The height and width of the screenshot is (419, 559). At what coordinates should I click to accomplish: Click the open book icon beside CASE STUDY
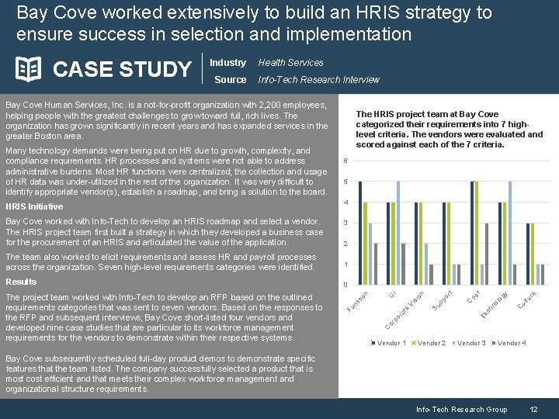29,69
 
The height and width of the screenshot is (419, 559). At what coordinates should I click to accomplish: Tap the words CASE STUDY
122,70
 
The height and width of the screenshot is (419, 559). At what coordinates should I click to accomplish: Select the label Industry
227,63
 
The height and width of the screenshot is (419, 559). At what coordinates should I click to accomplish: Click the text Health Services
290,63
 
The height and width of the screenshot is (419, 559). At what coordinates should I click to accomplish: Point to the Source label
230,79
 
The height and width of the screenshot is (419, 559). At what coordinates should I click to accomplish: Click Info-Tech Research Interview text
318,79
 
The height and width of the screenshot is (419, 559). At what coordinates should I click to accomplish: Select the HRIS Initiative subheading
34,206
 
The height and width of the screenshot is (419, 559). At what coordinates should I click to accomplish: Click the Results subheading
21,282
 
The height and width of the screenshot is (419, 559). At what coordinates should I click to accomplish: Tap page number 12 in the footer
533,409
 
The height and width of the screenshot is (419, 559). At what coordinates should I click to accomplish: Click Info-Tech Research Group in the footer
461,409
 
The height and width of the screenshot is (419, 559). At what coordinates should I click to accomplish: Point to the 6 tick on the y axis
345,161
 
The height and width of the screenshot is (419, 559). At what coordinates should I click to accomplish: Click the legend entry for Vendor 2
431,342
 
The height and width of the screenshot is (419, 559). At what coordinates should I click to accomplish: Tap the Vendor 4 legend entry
511,342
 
